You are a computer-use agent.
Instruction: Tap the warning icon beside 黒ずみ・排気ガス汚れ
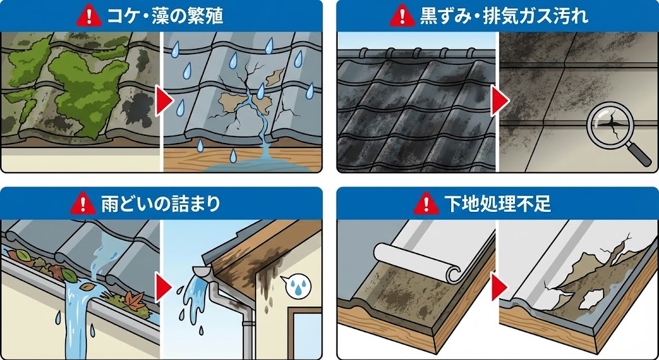pos(404,15)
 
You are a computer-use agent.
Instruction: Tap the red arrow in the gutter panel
pos(162,283)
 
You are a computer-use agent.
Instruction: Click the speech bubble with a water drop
pos(296,283)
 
